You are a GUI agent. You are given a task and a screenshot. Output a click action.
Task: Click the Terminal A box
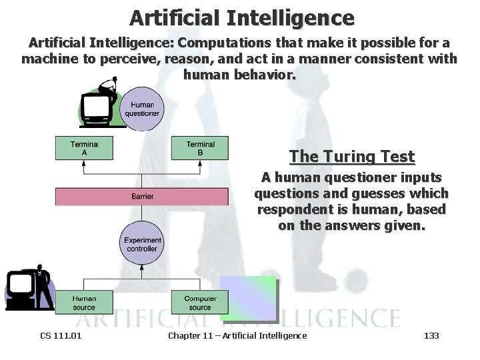84,149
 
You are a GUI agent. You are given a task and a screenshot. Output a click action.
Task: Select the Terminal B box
200,149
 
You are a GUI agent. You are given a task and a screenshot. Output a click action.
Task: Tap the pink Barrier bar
142,197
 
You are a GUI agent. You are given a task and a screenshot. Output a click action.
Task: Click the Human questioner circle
142,109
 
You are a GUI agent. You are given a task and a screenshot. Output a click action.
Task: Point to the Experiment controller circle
142,244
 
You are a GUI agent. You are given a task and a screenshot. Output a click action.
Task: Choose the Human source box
84,303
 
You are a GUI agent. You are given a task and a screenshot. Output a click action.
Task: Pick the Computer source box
200,303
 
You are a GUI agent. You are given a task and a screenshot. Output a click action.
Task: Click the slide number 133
431,335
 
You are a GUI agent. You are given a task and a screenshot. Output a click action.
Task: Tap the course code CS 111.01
61,335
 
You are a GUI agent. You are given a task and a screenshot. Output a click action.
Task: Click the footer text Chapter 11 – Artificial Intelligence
237,335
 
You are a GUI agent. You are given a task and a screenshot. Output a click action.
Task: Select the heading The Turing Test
352,157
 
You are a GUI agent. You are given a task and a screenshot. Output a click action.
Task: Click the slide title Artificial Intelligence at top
242,17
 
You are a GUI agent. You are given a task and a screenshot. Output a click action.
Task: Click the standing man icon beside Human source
44,287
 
